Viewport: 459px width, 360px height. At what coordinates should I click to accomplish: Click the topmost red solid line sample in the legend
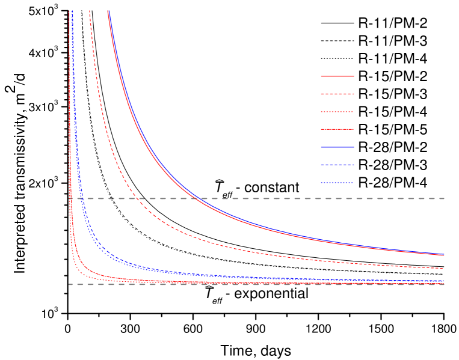pyautogui.click(x=337, y=76)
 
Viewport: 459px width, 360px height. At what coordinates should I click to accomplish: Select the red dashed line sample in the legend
pyautogui.click(x=337, y=94)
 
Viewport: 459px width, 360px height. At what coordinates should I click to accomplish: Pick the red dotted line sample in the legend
pyautogui.click(x=337, y=112)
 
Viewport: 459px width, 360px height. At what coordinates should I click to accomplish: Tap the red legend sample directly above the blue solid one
pyautogui.click(x=337, y=129)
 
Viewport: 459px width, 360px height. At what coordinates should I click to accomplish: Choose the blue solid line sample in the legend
pyautogui.click(x=337, y=147)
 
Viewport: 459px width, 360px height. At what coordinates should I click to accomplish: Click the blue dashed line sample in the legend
pyautogui.click(x=337, y=165)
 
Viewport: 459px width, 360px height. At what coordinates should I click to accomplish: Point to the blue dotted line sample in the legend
pyautogui.click(x=337, y=183)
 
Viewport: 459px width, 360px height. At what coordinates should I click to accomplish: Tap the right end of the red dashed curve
pyautogui.click(x=444, y=269)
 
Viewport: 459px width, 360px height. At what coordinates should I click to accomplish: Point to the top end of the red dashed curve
pyautogui.click(x=90, y=11)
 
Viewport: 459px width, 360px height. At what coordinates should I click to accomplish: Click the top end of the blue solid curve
pyautogui.click(x=109, y=11)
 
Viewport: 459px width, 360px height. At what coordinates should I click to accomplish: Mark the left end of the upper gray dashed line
pyautogui.click(x=69, y=198)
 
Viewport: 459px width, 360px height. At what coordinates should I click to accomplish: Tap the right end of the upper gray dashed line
pyautogui.click(x=445, y=198)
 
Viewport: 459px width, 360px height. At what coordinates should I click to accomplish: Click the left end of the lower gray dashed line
pyautogui.click(x=69, y=284)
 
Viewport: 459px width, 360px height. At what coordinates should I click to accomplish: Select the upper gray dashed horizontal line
pyautogui.click(x=271, y=198)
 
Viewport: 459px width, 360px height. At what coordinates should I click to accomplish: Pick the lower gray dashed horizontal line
pyautogui.click(x=271, y=284)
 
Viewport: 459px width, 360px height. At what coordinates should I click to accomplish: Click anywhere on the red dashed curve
pyautogui.click(x=180, y=232)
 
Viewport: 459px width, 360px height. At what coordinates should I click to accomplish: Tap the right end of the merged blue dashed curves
pyautogui.click(x=444, y=281)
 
